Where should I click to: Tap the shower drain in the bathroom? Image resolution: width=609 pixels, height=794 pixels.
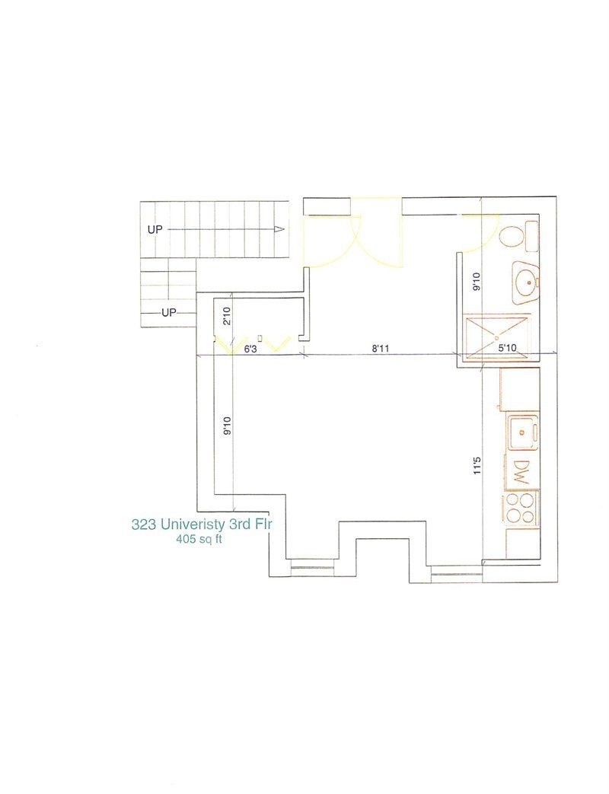[496, 336]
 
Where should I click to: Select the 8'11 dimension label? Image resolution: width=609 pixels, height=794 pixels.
[381, 349]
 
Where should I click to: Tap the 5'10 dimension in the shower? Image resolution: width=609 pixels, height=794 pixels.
[508, 349]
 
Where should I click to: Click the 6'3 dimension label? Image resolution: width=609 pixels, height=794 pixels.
[249, 349]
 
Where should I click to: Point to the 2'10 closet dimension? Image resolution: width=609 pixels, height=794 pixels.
[226, 315]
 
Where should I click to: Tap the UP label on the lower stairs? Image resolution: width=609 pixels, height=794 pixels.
[168, 312]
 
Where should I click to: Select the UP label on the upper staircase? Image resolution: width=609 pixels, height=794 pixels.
[155, 228]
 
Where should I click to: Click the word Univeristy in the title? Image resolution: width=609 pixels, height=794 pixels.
[187, 525]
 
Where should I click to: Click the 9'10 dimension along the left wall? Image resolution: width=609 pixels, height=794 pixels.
[225, 426]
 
